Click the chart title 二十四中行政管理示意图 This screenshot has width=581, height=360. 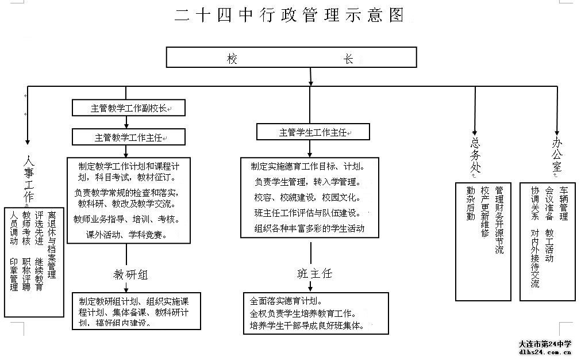click(290, 16)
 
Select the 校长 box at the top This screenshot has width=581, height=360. click(291, 58)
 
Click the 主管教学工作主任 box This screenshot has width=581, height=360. click(129, 137)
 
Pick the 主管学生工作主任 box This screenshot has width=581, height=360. click(313, 132)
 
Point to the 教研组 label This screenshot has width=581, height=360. click(130, 274)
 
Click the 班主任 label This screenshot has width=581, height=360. click(314, 273)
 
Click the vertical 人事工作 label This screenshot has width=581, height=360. click(28, 178)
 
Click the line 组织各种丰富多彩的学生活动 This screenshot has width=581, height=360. click(309, 228)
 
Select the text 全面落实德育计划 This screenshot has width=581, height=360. click(286, 301)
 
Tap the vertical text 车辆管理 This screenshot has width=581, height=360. click(564, 204)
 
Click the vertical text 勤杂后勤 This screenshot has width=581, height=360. click(471, 204)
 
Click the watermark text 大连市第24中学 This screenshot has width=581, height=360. click(544, 344)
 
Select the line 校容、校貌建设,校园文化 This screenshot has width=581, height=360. click(306, 198)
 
